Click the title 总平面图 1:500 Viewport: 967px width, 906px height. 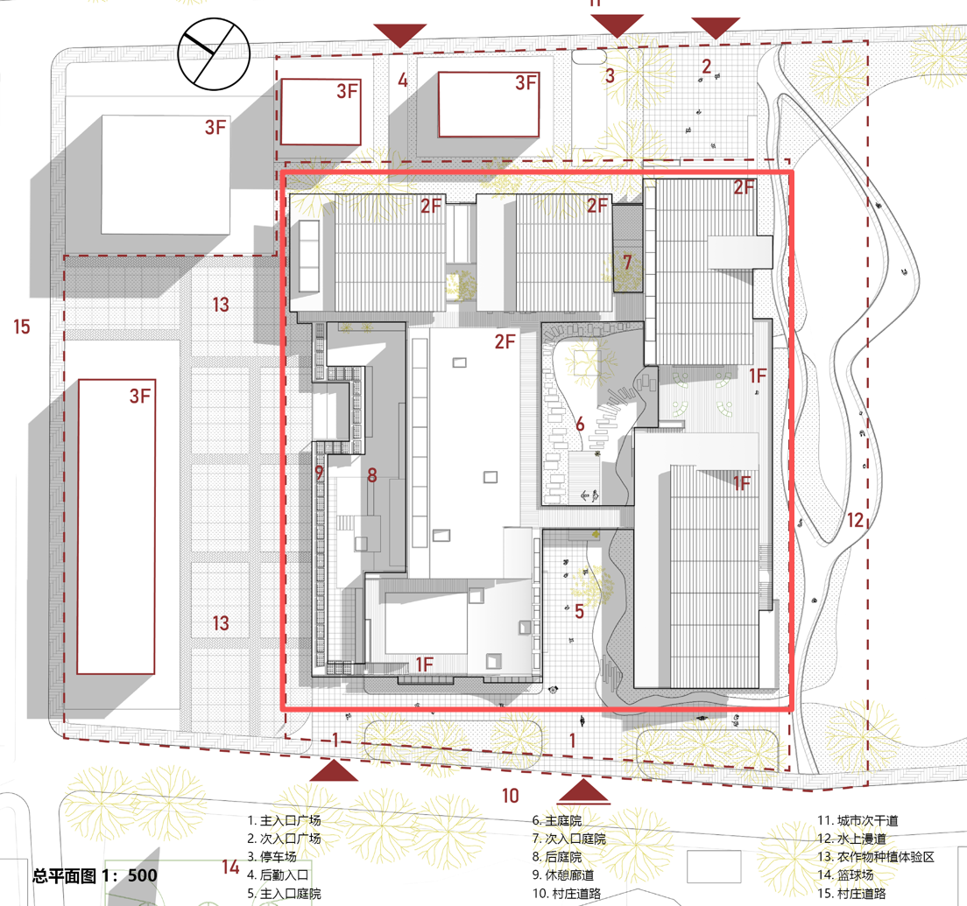(95, 875)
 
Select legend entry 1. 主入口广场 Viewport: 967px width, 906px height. (284, 820)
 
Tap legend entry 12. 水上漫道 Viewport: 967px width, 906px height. (851, 839)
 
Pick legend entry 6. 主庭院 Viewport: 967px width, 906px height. (557, 820)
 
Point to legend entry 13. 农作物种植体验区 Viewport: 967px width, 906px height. (876, 857)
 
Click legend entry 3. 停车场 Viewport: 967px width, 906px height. (272, 857)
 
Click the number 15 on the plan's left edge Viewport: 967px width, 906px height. (22, 327)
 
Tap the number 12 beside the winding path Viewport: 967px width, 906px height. (855, 520)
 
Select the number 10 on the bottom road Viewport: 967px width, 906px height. (510, 796)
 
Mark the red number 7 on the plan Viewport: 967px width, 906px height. (627, 263)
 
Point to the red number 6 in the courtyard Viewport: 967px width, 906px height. (580, 424)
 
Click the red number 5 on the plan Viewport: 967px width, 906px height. (579, 611)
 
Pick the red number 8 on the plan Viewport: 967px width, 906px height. (372, 474)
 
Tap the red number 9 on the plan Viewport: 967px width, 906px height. (319, 473)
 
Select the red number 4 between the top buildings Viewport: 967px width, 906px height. (403, 81)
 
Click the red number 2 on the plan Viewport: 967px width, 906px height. (707, 66)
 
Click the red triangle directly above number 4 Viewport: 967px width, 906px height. (400, 35)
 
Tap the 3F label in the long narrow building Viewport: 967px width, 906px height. (140, 396)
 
